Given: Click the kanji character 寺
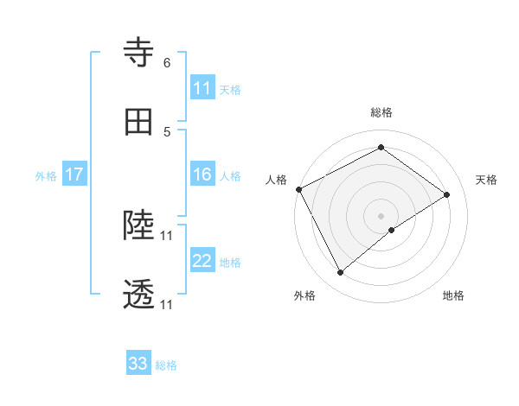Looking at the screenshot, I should (139, 53).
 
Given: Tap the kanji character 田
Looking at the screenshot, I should (139, 123).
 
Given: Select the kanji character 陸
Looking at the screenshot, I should (139, 225).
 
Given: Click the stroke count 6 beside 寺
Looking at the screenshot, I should (166, 62).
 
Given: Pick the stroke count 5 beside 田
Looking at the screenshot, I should (166, 131).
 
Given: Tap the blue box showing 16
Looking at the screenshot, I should (202, 174).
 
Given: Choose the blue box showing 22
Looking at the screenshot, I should (202, 261).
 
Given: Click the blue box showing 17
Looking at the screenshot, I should (74, 174).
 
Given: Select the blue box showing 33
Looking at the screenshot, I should (138, 364).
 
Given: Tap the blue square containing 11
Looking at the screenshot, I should (202, 88).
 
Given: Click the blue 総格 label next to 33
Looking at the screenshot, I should (166, 365).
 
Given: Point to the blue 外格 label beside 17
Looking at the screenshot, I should (46, 176).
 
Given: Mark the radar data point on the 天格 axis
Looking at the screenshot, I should (447, 194).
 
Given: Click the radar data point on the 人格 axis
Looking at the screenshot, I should (298, 189).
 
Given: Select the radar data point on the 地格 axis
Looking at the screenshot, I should (392, 230).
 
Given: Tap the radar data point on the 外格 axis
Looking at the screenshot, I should (340, 273).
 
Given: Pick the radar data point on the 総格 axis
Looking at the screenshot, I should (381, 147).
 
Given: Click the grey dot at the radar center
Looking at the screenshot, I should (381, 215).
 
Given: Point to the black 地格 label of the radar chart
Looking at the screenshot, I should (453, 295).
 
